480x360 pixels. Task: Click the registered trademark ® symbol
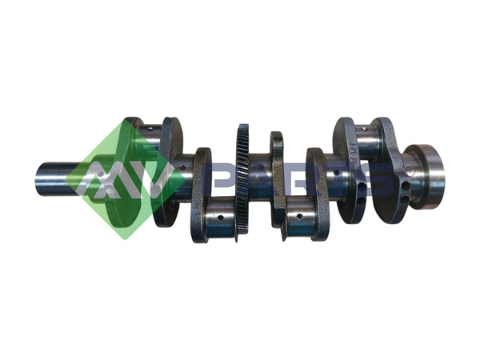409,170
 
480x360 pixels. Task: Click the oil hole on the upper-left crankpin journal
150,129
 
